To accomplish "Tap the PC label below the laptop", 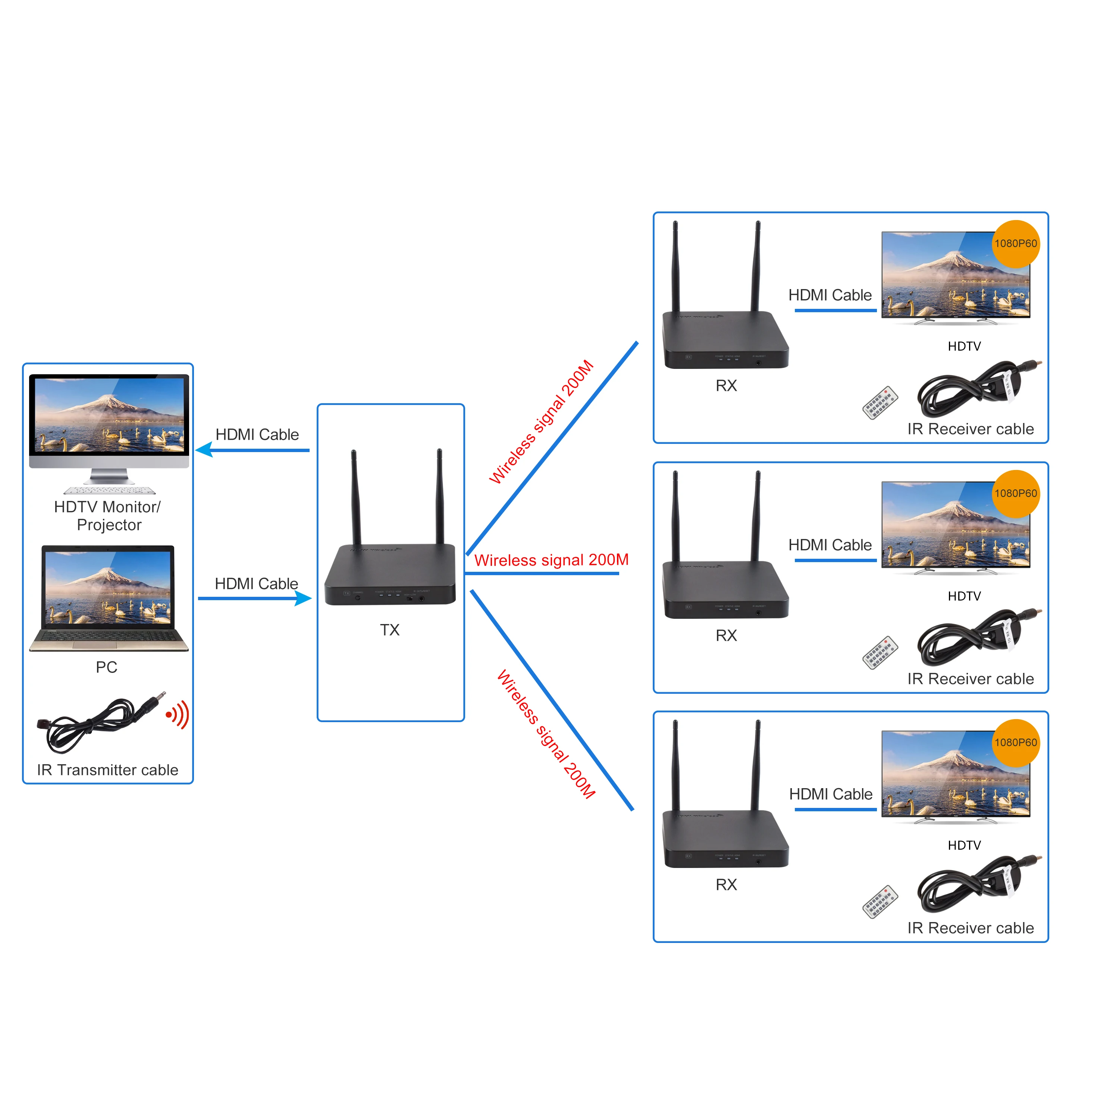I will [x=107, y=667].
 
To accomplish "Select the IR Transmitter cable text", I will [x=108, y=770].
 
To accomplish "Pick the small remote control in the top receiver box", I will [x=880, y=402].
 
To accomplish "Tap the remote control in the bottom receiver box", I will [x=880, y=902].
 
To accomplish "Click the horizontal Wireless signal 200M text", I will [x=551, y=560].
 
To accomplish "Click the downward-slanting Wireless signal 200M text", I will [x=546, y=734].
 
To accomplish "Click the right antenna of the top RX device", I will [x=756, y=266].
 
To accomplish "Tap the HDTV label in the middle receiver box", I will [x=964, y=596].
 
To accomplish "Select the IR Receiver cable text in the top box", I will [x=970, y=429].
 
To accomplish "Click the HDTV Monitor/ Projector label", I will [x=108, y=515].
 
